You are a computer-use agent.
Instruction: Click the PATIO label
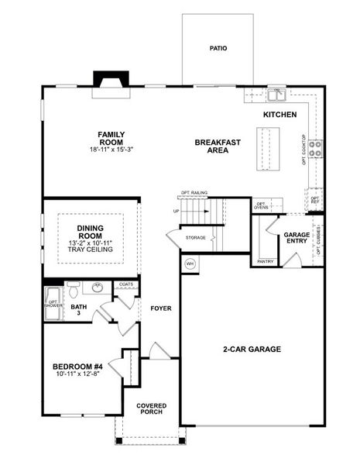pyautogui.click(x=218, y=47)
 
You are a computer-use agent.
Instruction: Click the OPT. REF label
pyautogui.click(x=315, y=200)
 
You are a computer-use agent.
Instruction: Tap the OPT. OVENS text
pyautogui.click(x=262, y=205)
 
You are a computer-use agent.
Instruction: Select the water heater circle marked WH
pyautogui.click(x=190, y=263)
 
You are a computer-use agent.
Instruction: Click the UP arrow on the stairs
pyautogui.click(x=177, y=210)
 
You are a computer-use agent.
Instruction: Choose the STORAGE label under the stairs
pyautogui.click(x=195, y=237)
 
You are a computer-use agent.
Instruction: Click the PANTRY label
pyautogui.click(x=265, y=261)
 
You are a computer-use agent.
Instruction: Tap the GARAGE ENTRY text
pyautogui.click(x=297, y=238)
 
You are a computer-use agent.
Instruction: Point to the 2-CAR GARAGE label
pyautogui.click(x=253, y=349)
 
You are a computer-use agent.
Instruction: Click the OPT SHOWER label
pyautogui.click(x=53, y=304)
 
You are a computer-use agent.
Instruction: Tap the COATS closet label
pyautogui.click(x=126, y=284)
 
